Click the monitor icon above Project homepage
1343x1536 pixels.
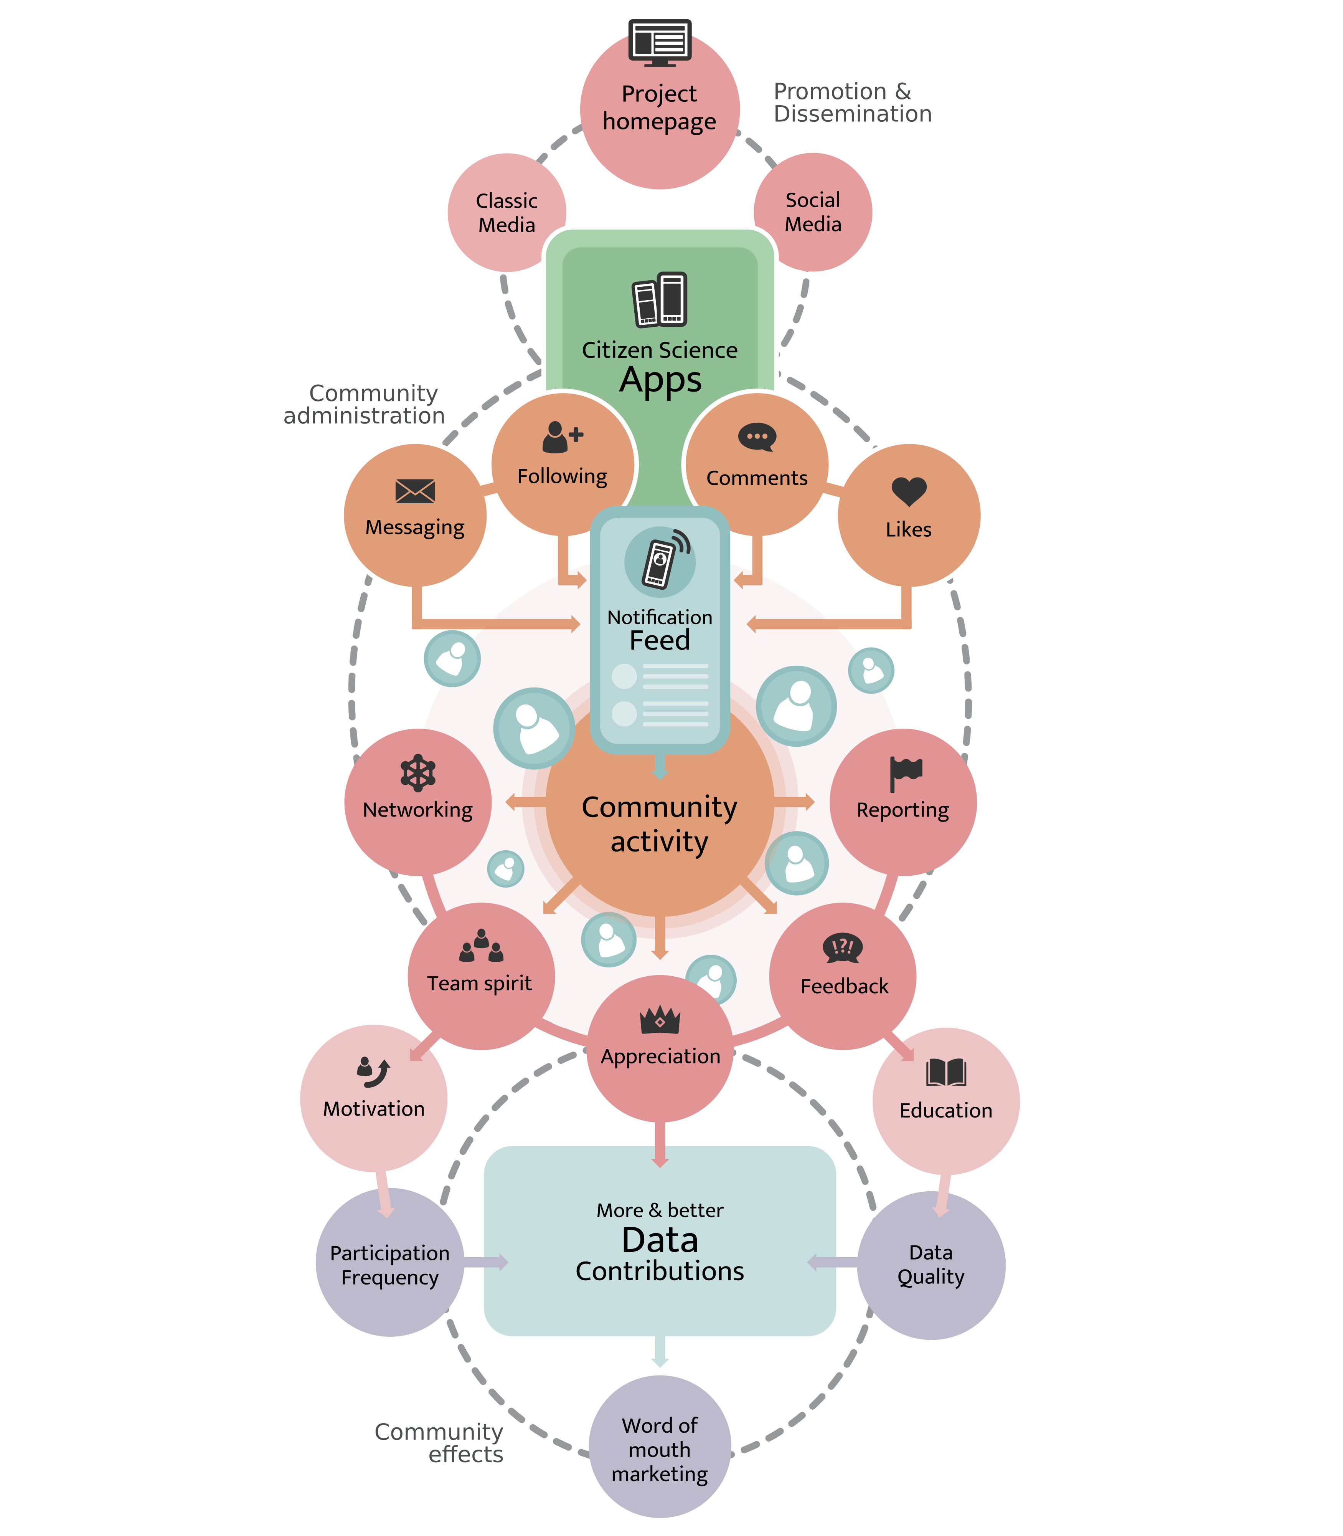point(660,43)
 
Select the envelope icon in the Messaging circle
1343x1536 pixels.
point(414,492)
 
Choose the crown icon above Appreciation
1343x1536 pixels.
point(660,1020)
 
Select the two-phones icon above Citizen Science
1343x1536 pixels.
point(660,300)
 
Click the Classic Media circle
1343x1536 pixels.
point(507,213)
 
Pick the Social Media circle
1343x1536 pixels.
point(813,212)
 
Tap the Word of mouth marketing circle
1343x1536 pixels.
point(660,1449)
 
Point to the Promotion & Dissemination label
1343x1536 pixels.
point(852,103)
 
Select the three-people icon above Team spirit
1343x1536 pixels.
point(481,946)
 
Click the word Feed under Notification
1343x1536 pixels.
point(660,641)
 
